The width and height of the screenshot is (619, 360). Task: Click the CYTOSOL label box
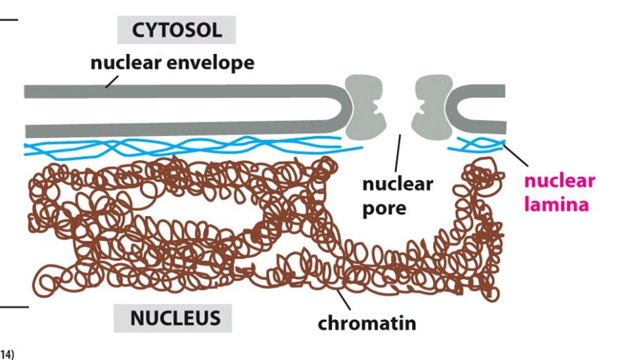[176, 30]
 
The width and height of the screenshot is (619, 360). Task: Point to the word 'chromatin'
[367, 323]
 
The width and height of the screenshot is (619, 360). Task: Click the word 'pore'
[384, 210]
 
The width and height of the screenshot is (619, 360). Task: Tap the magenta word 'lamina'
[556, 204]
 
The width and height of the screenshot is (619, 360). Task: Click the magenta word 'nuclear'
[560, 181]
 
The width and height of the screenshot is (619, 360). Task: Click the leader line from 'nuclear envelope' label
[110, 81]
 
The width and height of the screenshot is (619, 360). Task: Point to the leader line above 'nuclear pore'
[398, 155]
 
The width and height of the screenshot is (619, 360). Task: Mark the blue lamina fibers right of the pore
[476, 144]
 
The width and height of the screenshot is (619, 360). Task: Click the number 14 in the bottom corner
[7, 355]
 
